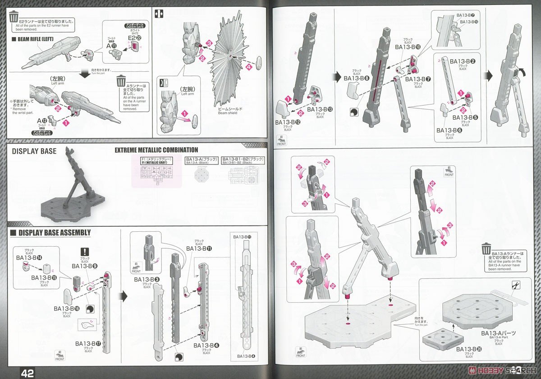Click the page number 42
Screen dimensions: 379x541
point(27,373)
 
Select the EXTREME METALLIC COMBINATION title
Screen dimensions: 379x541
point(156,150)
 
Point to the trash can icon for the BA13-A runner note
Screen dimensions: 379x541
point(486,249)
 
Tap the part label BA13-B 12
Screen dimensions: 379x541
point(286,122)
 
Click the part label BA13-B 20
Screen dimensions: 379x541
point(469,349)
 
